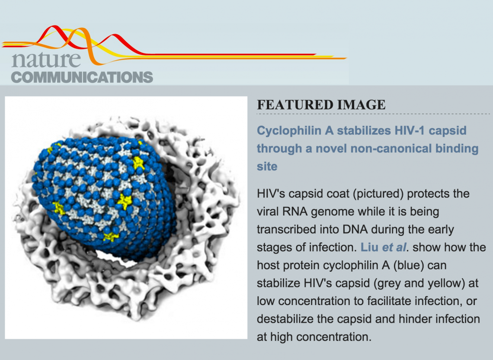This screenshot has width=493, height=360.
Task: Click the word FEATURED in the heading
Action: point(294,105)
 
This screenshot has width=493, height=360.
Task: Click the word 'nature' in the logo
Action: point(46,59)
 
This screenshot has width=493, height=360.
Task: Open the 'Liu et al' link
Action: point(384,247)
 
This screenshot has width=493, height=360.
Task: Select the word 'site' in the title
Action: point(267,166)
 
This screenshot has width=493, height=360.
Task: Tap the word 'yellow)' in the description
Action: point(446,283)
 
